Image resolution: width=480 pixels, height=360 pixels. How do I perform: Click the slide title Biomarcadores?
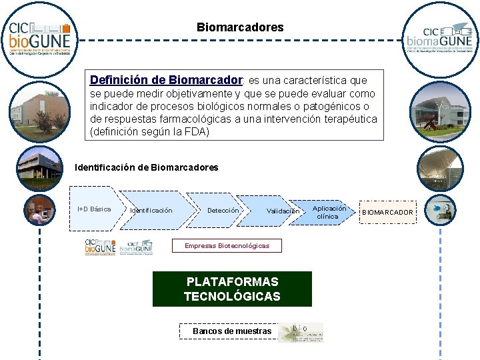point(240,27)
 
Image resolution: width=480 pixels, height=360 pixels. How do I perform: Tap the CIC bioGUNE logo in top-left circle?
point(39,38)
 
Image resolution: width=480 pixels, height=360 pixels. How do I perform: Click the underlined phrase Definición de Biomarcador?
point(165,80)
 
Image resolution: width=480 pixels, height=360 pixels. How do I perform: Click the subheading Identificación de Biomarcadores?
point(147,167)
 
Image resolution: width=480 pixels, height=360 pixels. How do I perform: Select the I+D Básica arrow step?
point(95,209)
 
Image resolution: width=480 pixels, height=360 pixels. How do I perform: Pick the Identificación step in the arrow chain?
point(151,211)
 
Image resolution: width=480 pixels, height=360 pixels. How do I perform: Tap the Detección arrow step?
point(223,211)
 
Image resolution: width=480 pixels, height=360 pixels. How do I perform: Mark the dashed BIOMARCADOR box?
point(387,212)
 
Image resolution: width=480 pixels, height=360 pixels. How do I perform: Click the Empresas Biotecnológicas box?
point(227,246)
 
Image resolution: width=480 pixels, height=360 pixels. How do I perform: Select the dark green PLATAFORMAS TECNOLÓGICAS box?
point(232,289)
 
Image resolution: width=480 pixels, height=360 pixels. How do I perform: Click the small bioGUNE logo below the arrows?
point(100,247)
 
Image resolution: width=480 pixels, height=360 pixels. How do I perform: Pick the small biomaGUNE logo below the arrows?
point(139,247)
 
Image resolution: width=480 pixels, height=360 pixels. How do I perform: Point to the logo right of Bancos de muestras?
point(301,332)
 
